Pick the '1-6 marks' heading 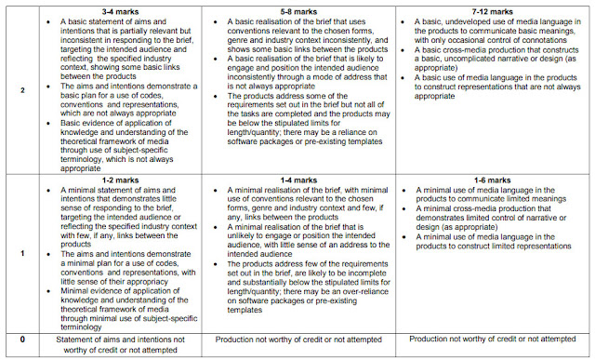(494, 180)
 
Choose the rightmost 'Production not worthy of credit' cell (494, 340)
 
